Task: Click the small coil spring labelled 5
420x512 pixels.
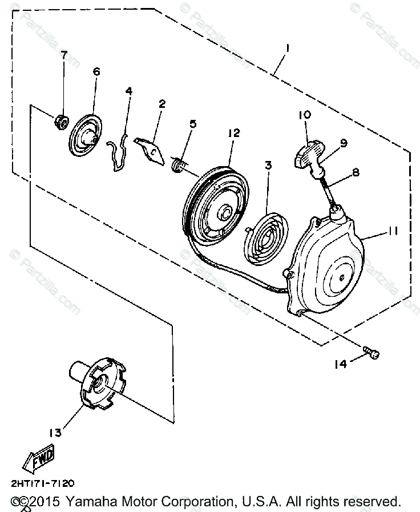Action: pos(179,164)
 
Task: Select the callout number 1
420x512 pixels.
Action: pos(288,49)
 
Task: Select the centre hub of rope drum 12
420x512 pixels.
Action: pos(225,213)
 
